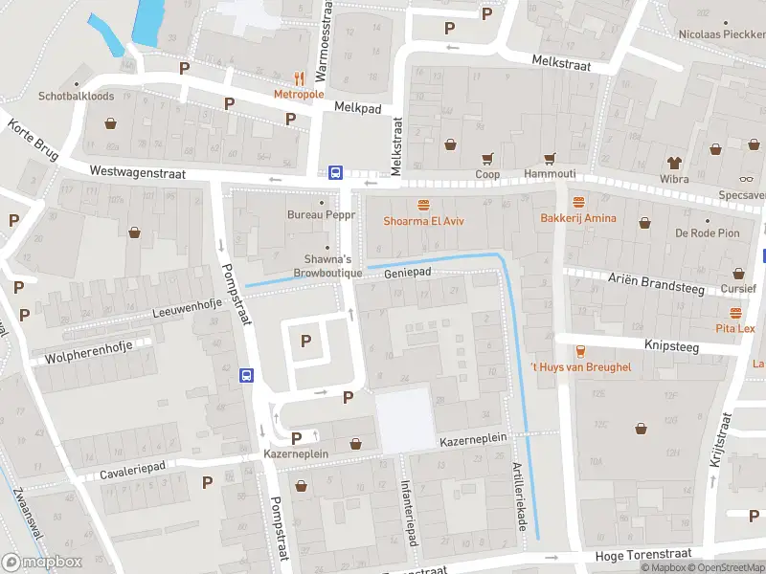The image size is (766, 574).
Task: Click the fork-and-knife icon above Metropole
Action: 300,79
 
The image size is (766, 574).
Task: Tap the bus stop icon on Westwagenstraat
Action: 336,173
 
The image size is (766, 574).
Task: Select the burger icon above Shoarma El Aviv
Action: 423,205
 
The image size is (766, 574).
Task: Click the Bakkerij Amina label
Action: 578,218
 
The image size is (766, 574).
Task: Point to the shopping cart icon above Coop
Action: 487,159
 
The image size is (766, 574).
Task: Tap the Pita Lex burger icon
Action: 735,313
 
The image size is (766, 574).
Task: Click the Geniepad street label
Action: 408,273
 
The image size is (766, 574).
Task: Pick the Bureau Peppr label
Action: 322,214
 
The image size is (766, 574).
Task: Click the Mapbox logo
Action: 41,563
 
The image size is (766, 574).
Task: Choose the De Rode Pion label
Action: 708,233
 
